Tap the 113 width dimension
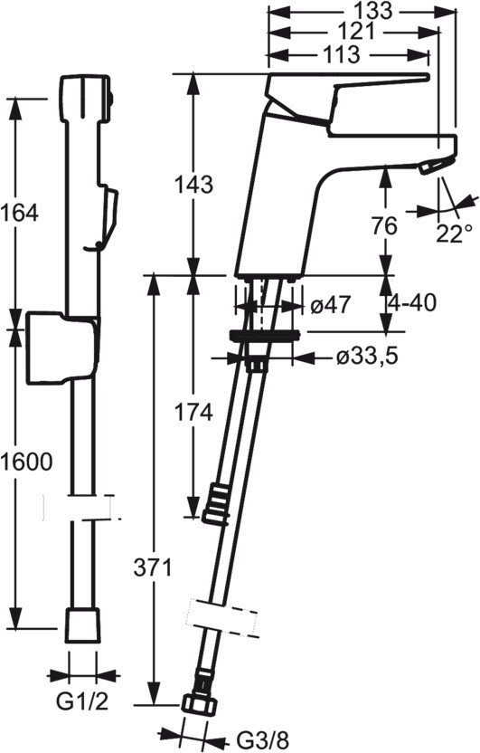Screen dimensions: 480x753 click(x=340, y=54)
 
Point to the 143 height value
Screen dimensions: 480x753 click(x=193, y=185)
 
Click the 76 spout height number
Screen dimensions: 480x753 click(x=384, y=225)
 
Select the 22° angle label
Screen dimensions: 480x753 click(x=454, y=234)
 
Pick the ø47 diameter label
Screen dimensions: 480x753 click(x=331, y=305)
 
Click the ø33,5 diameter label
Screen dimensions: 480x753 click(x=366, y=357)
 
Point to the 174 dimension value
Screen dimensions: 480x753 click(x=193, y=413)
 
